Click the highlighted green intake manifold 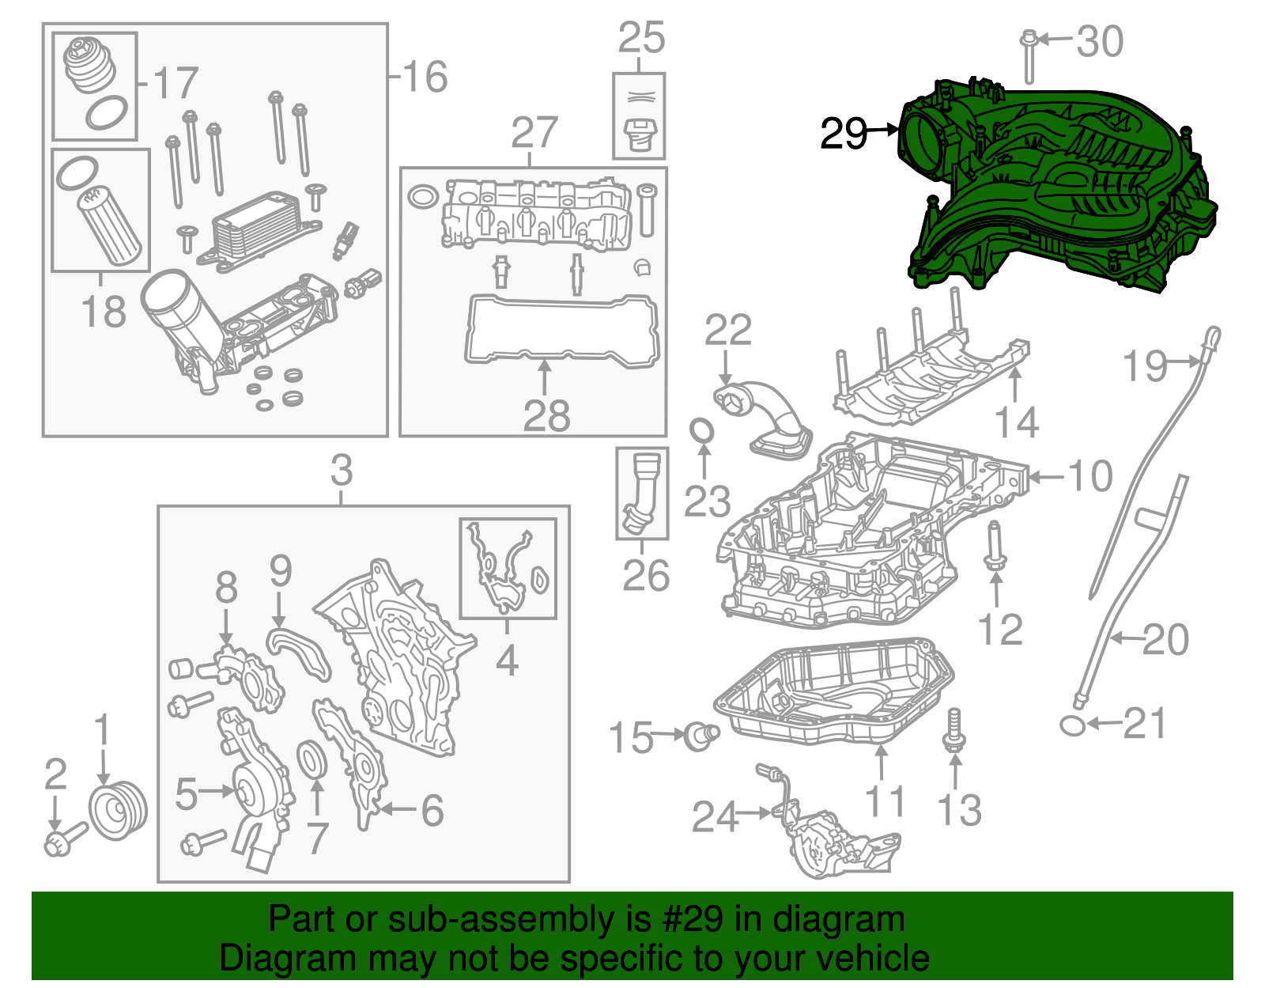click(x=1059, y=190)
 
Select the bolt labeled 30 click(x=1029, y=55)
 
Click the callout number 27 click(x=534, y=132)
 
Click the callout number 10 click(x=1090, y=476)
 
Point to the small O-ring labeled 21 click(x=1072, y=725)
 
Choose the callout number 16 click(x=425, y=77)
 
